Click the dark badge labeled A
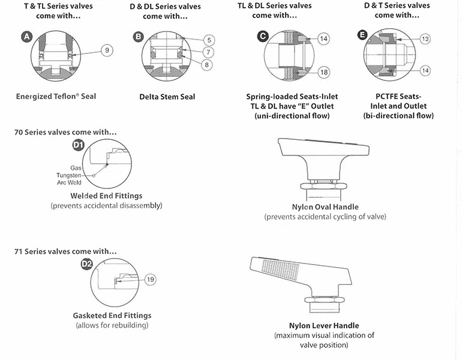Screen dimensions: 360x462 26,37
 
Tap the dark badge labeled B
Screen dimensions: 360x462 139,37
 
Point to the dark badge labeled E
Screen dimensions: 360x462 362,35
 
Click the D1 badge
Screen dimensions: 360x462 78,144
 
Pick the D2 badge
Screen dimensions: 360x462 86,263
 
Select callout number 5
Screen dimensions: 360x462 208,40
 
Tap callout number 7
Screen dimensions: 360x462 208,53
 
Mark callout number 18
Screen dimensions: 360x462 323,73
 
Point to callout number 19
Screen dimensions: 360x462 150,279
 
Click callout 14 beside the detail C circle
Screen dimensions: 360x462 323,39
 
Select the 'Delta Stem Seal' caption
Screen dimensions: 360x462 167,97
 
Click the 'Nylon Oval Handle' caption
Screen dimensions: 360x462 325,207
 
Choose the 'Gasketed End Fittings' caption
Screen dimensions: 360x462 112,316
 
